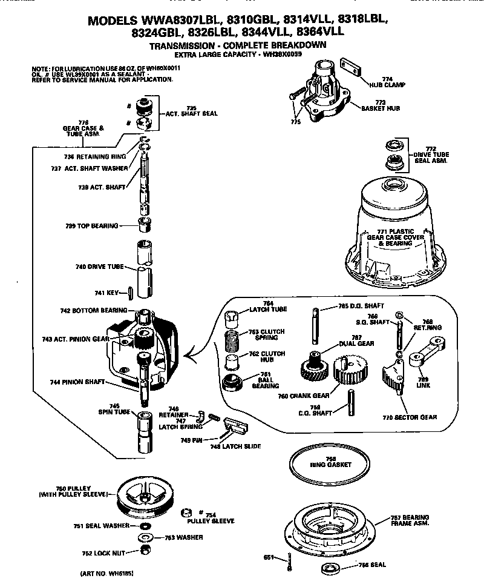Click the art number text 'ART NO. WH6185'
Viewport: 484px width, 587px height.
click(x=106, y=572)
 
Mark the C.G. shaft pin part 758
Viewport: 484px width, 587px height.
click(x=350, y=403)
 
